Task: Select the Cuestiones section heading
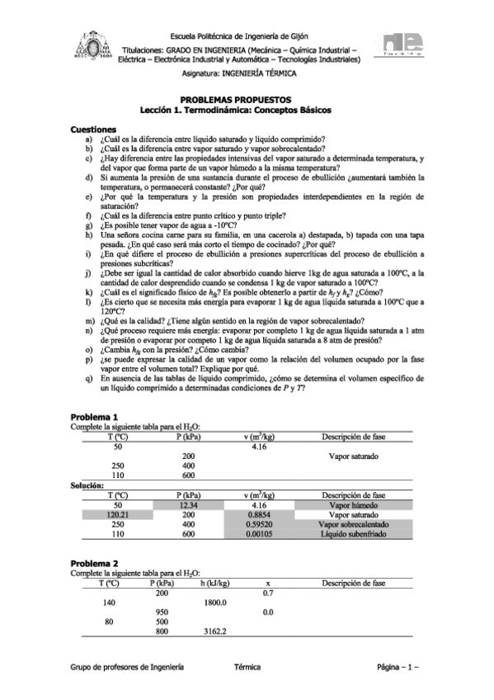pyautogui.click(x=95, y=130)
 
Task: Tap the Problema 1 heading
pyautogui.click(x=95, y=417)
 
